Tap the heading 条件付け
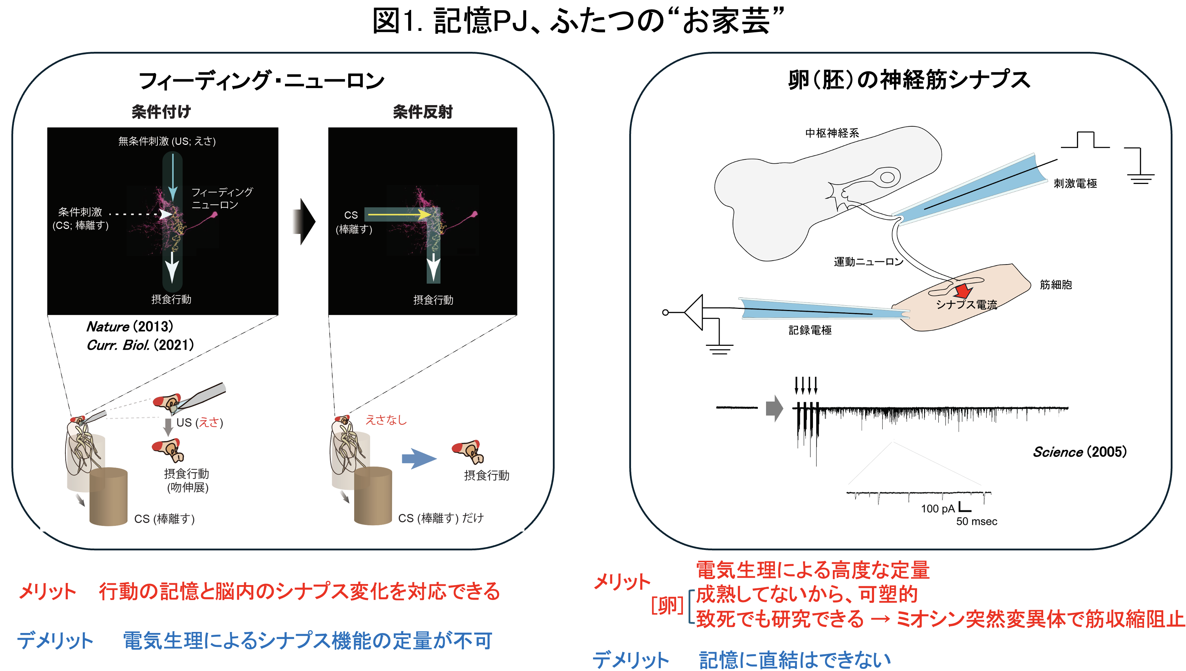click(x=161, y=111)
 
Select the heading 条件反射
click(x=422, y=111)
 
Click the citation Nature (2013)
click(x=130, y=326)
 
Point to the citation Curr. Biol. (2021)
click(x=140, y=345)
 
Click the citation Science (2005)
click(x=1079, y=452)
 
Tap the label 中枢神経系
click(x=832, y=133)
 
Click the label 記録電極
click(x=810, y=330)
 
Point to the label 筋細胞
click(x=1056, y=285)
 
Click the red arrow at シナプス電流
click(x=963, y=291)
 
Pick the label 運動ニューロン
click(x=868, y=262)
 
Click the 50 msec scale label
click(x=977, y=521)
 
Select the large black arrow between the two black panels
click(x=304, y=222)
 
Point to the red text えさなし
click(x=386, y=420)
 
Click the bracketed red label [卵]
click(x=667, y=605)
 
